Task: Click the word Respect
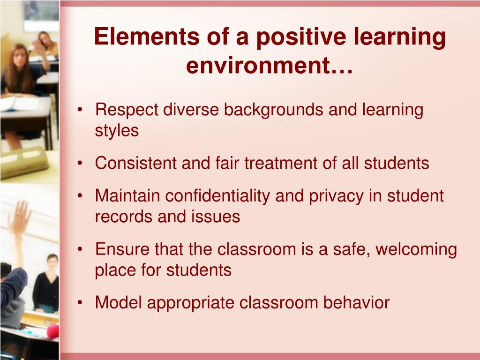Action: (126, 111)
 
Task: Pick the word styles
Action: (117, 131)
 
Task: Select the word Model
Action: (119, 302)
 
